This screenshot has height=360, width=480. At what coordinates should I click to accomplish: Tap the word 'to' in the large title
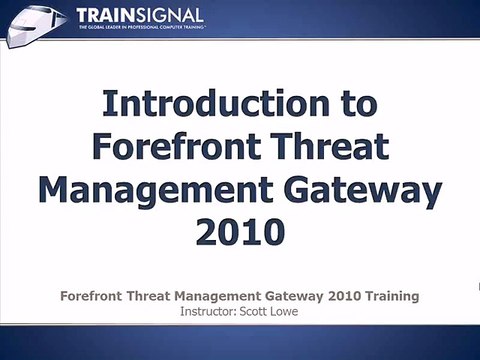tap(355, 105)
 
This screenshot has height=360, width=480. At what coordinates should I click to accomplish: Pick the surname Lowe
tap(283, 311)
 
